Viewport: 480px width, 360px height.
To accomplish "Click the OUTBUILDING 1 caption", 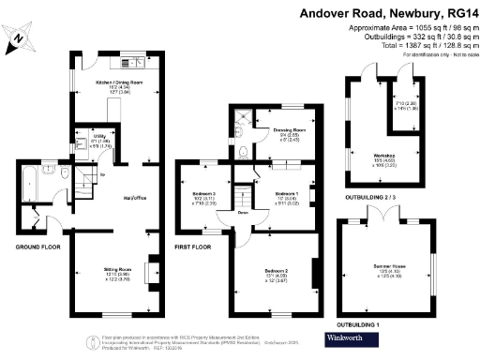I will click(x=371, y=325).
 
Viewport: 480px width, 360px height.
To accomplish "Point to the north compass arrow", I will click(x=20, y=37).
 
